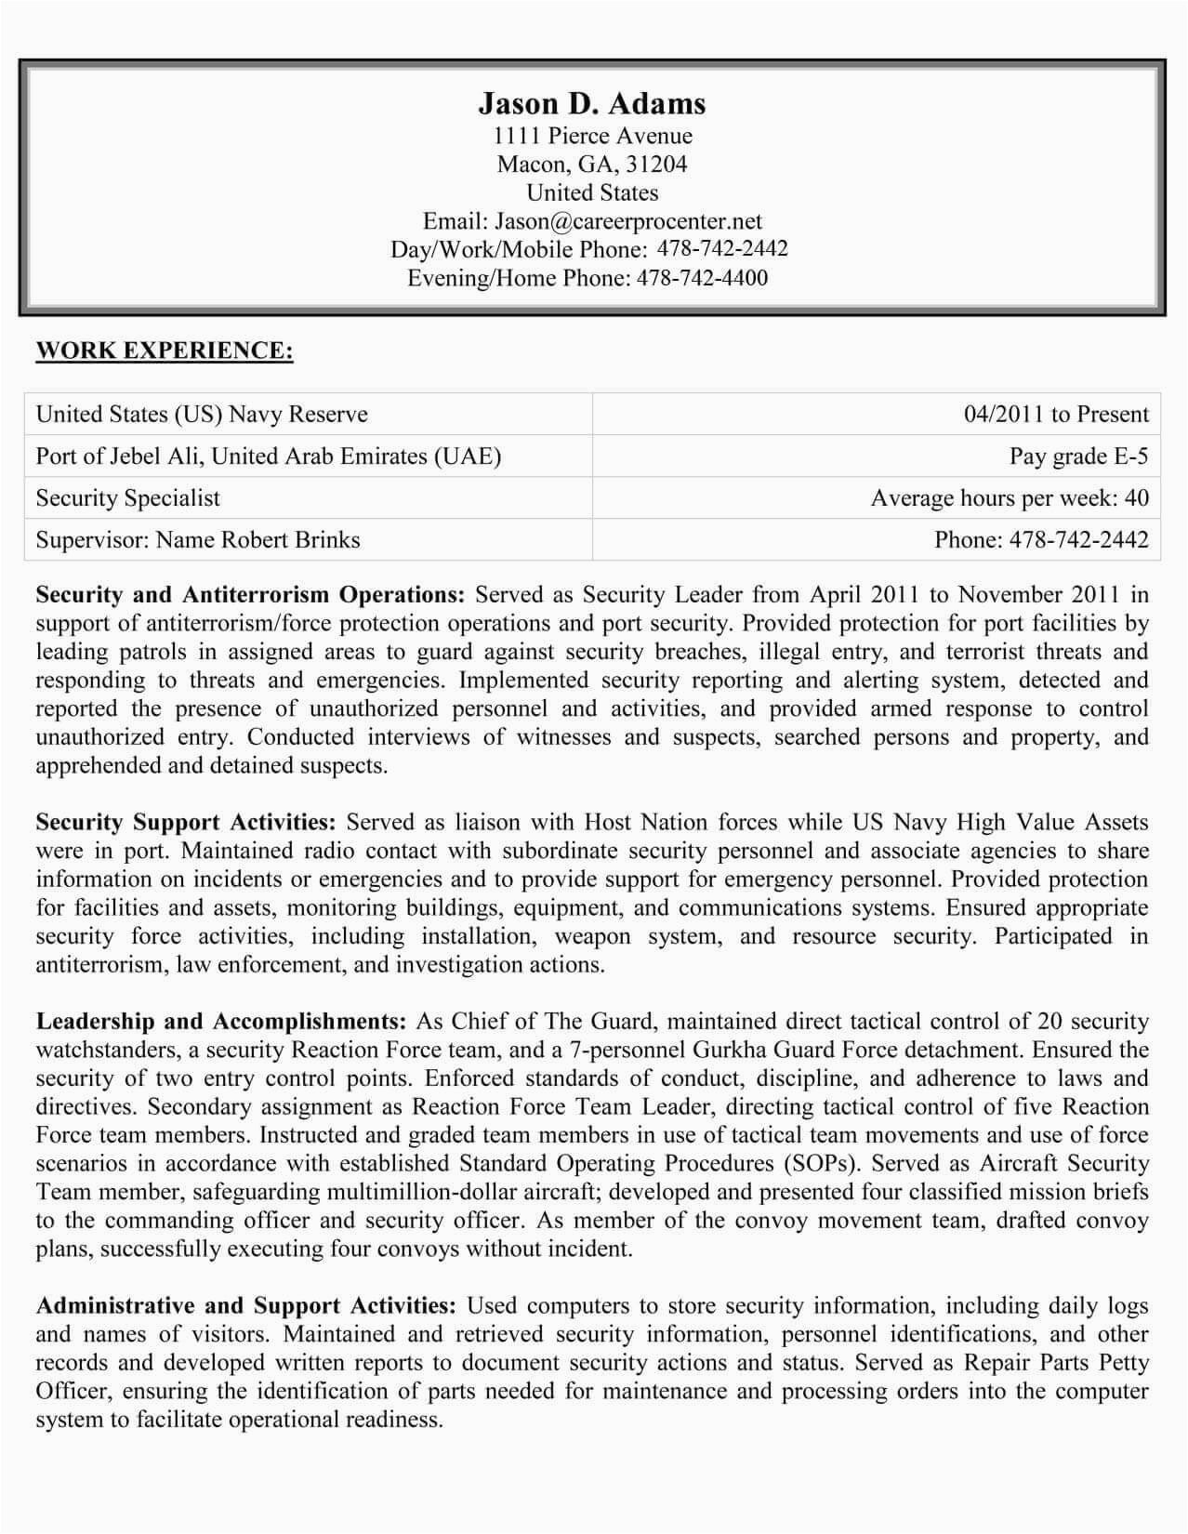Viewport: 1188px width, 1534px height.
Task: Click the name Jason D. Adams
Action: point(592,103)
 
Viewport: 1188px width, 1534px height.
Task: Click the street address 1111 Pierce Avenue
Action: point(592,136)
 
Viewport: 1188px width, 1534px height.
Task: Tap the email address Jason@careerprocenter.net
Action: point(627,221)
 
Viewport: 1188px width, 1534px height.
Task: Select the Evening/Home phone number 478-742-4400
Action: point(702,278)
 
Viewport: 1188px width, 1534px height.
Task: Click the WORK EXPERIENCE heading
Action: point(165,350)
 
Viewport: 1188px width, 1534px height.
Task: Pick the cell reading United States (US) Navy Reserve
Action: point(202,415)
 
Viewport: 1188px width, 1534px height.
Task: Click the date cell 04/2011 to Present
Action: point(1056,415)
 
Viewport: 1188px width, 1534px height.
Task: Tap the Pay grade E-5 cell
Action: point(1078,456)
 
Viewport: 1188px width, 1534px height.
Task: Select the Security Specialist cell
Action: point(128,498)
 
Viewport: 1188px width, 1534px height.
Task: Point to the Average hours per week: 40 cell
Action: point(1010,498)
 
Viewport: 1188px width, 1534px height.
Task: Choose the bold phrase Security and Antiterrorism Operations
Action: point(249,595)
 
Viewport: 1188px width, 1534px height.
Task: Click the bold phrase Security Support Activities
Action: point(186,823)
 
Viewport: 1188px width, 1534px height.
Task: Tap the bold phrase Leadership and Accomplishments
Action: point(221,1022)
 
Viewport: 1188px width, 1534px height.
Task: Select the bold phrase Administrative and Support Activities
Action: point(245,1306)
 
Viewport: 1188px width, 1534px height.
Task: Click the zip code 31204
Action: point(656,165)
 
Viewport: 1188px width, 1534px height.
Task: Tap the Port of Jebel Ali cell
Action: point(268,456)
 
